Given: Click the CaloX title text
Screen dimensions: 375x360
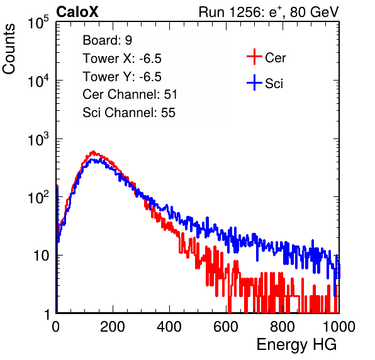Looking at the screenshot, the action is [77, 12].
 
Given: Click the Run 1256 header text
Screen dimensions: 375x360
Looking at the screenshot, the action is [269, 12].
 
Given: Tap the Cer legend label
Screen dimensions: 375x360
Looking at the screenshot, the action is [275, 58].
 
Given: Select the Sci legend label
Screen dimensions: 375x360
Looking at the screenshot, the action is [274, 84].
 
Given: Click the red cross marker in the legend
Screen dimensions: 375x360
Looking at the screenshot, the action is [254, 57].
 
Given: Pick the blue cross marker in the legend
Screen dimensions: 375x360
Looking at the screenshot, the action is [254, 82].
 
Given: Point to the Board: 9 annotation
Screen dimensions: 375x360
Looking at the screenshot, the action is [108, 40].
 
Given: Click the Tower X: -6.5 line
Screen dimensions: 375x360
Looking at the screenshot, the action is [122, 59].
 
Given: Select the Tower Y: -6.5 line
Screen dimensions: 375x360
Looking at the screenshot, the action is [122, 77].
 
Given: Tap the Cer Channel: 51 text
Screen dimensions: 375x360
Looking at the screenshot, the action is [130, 94].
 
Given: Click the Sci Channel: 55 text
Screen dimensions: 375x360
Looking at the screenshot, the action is [129, 113].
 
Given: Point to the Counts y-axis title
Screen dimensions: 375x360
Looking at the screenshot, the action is [9, 49].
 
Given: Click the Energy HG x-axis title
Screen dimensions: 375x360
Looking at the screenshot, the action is [296, 345].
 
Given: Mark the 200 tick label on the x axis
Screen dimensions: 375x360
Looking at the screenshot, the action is [113, 327].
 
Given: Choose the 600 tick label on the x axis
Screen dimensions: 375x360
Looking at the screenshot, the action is [226, 327].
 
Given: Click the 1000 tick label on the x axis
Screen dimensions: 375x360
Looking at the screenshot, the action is [339, 327].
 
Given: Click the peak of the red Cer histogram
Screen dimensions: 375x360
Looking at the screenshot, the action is [93, 152].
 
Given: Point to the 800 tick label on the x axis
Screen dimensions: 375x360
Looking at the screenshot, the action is [283, 327].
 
